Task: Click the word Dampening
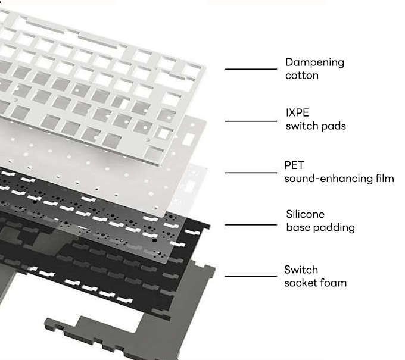click(314, 62)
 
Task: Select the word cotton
click(302, 76)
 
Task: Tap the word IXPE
click(297, 113)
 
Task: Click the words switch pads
click(315, 126)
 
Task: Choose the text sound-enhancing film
click(339, 178)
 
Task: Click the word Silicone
click(305, 214)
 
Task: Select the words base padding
click(320, 227)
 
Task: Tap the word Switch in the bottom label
click(301, 270)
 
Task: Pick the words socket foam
click(315, 283)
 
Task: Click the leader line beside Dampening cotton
click(251, 69)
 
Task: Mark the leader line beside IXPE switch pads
click(251, 121)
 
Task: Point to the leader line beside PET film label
click(251, 173)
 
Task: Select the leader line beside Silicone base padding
click(251, 225)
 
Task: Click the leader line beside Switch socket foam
click(251, 276)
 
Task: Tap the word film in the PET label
click(385, 178)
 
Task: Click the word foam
click(334, 283)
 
